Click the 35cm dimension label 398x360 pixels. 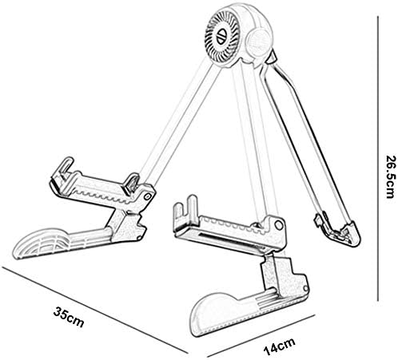click(69, 317)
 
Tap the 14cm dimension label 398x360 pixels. click(279, 346)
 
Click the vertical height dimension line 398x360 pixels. click(378, 159)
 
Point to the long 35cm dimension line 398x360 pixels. click(94, 310)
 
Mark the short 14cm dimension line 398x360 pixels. click(261, 336)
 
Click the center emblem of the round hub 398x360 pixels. click(222, 36)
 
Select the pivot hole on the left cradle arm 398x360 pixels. click(146, 196)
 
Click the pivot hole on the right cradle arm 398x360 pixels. click(279, 225)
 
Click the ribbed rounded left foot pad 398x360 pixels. click(40, 243)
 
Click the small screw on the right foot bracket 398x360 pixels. click(306, 289)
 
